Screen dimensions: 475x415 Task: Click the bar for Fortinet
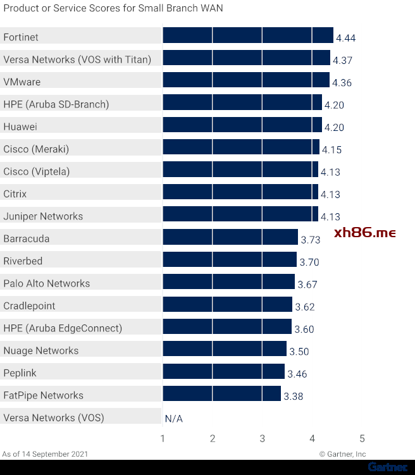click(247, 35)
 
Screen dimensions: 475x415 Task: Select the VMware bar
click(245, 80)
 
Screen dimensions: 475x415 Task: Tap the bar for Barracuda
click(230, 237)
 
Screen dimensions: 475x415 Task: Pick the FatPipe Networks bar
click(221, 394)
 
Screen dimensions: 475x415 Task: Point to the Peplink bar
click(223, 371)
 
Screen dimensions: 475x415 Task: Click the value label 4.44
click(346, 38)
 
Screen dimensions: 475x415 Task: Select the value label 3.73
click(311, 240)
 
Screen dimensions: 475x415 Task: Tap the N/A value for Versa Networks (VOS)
click(173, 418)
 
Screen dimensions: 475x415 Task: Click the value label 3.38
click(294, 397)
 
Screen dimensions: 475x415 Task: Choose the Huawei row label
click(20, 126)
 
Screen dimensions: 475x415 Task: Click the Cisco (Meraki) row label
click(36, 149)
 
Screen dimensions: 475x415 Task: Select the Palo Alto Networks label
click(47, 283)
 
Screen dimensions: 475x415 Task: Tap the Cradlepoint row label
click(29, 306)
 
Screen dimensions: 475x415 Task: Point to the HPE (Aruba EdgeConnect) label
click(63, 328)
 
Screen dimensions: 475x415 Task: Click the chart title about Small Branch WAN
click(113, 8)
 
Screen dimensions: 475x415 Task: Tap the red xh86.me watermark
click(364, 233)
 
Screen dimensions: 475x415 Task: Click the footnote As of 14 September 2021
click(46, 454)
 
